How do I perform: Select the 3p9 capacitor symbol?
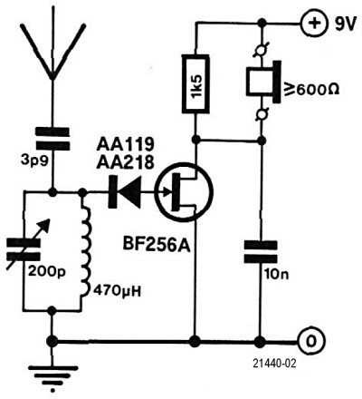tap(52, 139)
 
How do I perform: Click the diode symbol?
tap(125, 192)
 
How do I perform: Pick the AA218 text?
tap(125, 163)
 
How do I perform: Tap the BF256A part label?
tap(157, 245)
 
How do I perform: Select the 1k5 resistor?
tap(195, 84)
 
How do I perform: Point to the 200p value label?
tap(46, 272)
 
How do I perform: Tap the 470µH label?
tap(118, 292)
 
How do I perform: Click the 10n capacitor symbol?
tap(261, 252)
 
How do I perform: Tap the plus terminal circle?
tap(314, 24)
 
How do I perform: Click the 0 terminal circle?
tap(311, 342)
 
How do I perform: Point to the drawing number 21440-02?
tap(274, 364)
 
